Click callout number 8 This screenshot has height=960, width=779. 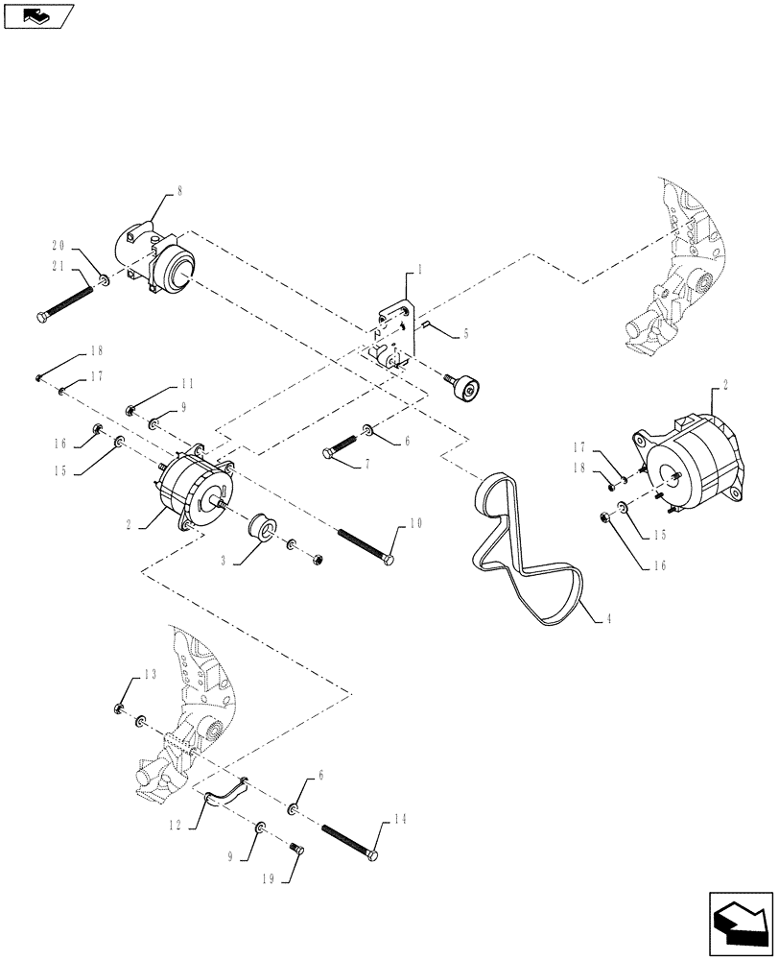(x=177, y=192)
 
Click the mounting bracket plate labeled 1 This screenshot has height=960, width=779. (x=394, y=331)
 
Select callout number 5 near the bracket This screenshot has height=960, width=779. (x=465, y=334)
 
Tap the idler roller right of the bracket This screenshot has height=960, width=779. (x=467, y=389)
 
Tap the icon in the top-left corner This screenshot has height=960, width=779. (x=39, y=14)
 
